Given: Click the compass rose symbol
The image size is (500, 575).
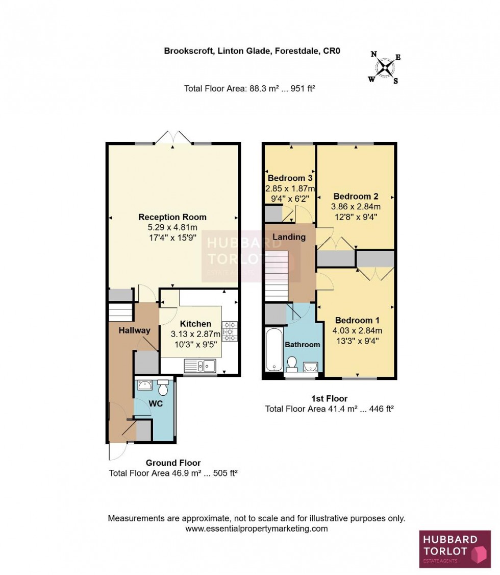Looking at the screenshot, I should pos(384,68).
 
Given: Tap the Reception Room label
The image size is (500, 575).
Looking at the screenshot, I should pos(172,217).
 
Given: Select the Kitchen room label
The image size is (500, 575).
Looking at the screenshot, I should pos(195,324).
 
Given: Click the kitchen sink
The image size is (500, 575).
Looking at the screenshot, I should pos(200,365).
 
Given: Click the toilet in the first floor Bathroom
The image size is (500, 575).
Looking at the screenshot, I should pos(292,363).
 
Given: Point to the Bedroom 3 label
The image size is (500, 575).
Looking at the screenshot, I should pos(290,178).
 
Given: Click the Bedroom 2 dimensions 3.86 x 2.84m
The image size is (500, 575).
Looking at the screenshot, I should pos(356,207).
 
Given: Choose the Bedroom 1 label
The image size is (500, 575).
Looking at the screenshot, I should pos(356,321).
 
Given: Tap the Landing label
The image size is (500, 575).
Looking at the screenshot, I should pos(289,237).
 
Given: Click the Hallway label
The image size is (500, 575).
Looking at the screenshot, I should pos(135,330).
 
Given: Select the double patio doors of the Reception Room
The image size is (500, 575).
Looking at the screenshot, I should pos(173,138).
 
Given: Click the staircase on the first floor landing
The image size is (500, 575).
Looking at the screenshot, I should pos(277,276).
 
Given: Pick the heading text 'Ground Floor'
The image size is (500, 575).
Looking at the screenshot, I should pos(173,463).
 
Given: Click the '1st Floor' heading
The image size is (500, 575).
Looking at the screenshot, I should pos(329,398).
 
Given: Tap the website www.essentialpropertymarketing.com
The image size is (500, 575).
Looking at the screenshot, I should pos(256,529).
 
